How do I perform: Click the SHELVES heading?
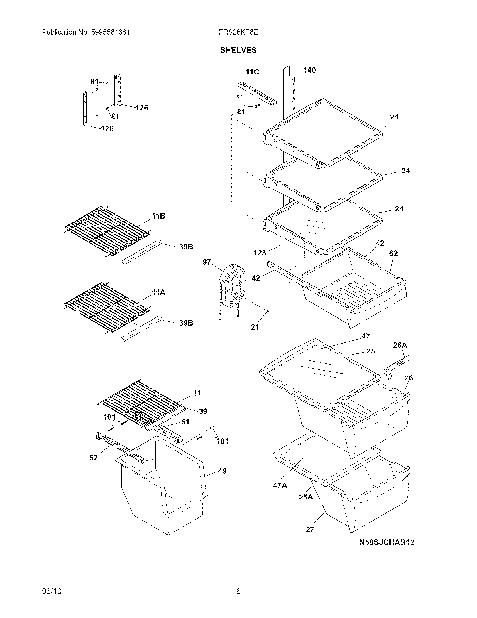click(238, 50)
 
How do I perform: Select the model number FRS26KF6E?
click(238, 32)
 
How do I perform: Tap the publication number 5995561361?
click(111, 32)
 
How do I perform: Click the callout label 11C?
click(252, 72)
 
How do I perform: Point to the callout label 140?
click(309, 70)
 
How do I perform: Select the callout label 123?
click(260, 253)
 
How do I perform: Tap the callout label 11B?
click(159, 216)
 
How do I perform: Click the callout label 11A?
click(159, 292)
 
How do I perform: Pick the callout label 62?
click(393, 253)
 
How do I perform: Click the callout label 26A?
click(400, 345)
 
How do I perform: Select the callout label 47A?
click(280, 485)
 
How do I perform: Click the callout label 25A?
click(306, 497)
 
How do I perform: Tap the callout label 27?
click(310, 530)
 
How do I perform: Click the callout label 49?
click(222, 471)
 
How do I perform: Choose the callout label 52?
click(93, 458)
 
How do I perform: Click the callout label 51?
click(185, 422)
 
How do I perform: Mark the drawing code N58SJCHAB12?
click(387, 542)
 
